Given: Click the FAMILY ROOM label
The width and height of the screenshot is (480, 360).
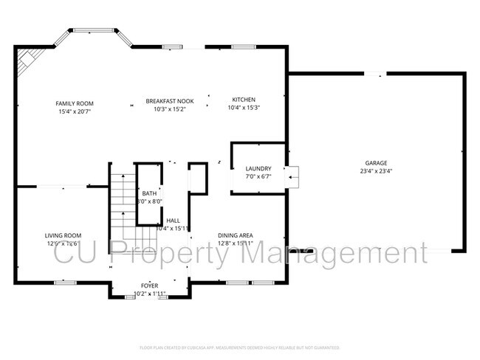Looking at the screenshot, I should (x=75, y=103).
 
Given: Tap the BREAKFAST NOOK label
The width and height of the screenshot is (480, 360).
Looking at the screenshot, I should (x=165, y=100).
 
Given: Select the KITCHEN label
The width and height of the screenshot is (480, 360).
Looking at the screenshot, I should (x=244, y=100).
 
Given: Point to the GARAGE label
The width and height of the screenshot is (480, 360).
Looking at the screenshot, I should (x=375, y=163).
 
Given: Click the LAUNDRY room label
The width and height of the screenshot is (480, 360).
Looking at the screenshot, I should (x=258, y=168).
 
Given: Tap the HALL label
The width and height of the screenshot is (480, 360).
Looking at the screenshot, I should (x=173, y=220).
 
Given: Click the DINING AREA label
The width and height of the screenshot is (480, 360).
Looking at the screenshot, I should (x=236, y=235).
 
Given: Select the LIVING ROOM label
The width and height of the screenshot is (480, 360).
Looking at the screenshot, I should (x=63, y=235).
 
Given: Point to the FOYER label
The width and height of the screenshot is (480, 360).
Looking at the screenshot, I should (x=150, y=285).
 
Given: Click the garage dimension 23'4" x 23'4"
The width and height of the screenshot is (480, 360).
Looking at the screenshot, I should (x=375, y=171).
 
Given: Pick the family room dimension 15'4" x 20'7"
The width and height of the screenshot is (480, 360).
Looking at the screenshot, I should (x=75, y=112).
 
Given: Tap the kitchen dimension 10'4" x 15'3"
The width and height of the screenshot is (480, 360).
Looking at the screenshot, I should (x=244, y=108).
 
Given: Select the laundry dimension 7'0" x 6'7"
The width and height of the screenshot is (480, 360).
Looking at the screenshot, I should (x=258, y=176).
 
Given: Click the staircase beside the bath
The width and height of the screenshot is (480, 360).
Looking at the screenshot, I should (x=123, y=210).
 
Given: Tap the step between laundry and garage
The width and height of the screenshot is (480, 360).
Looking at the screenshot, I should (x=293, y=174).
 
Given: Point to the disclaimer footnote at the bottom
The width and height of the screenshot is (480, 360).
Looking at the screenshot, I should (x=240, y=347).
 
